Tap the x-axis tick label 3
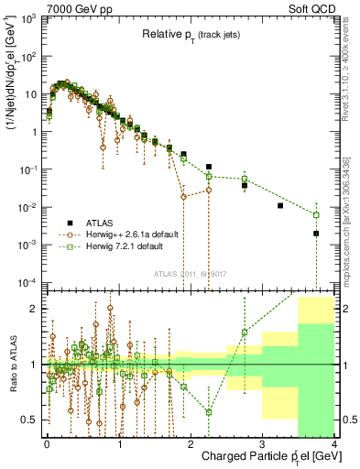pos(263,443)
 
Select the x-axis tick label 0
pos(46,443)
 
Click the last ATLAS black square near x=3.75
pos(316,234)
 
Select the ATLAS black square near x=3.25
pos(280,205)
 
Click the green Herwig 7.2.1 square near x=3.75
pos(316,215)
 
